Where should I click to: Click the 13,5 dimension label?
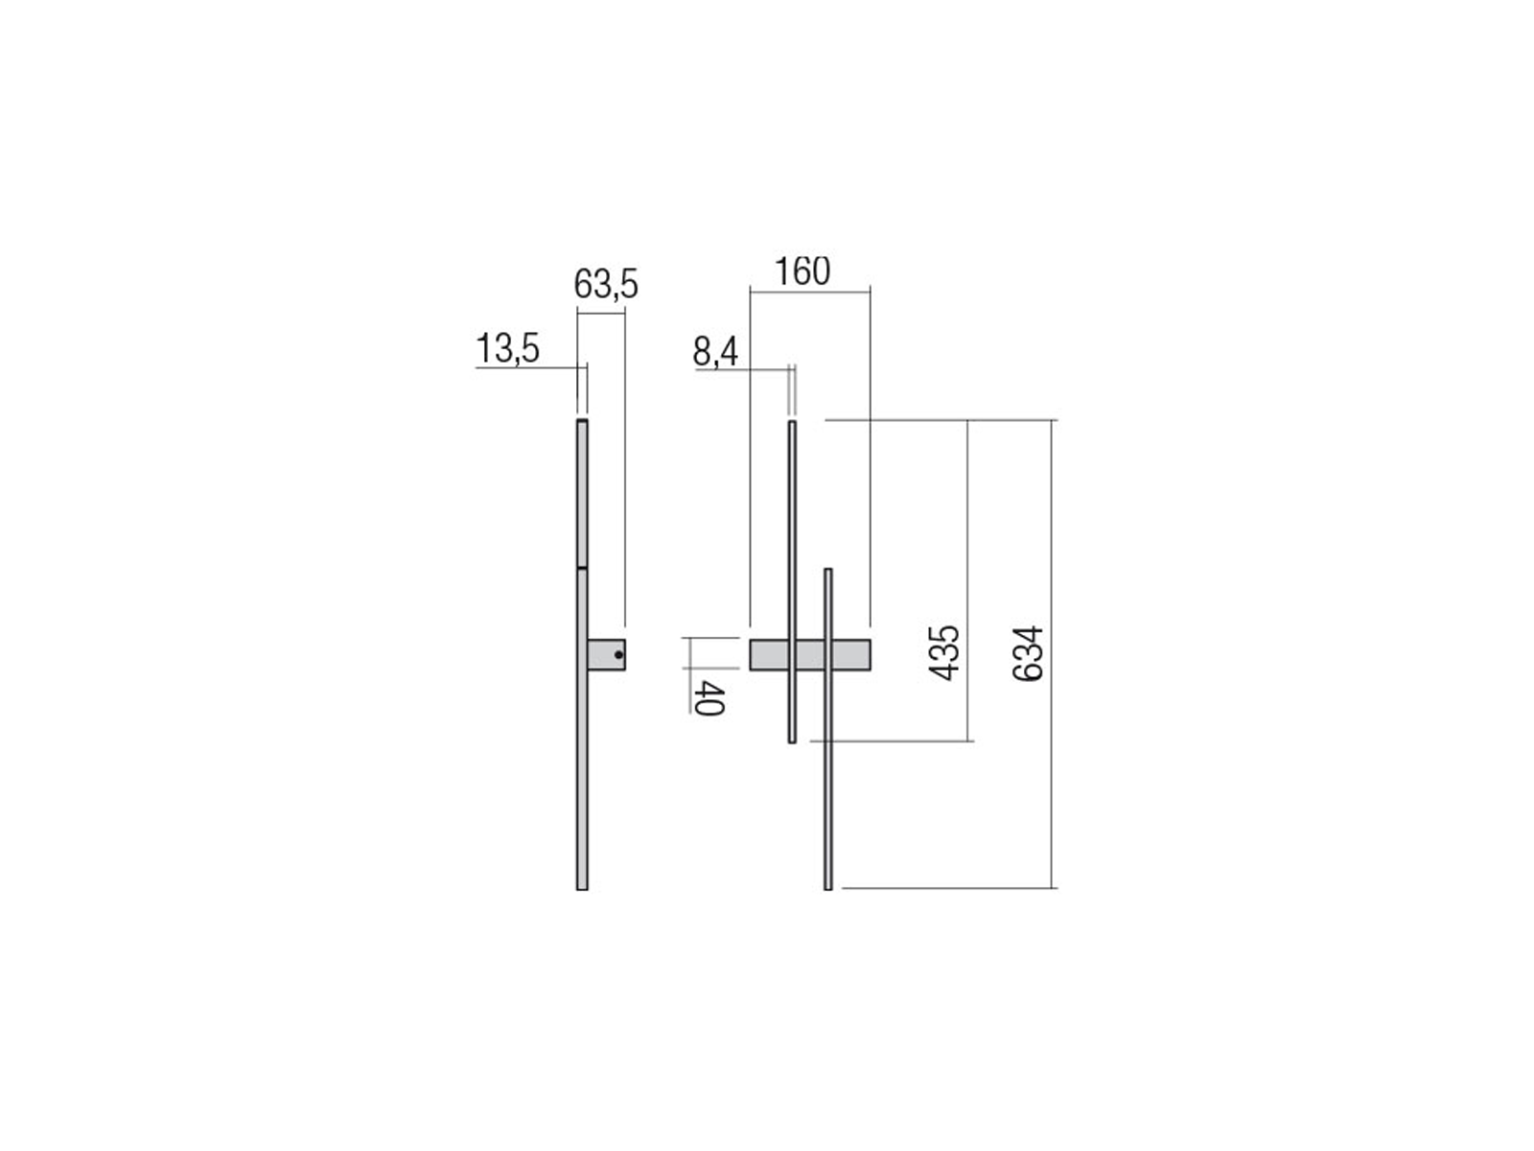coord(506,348)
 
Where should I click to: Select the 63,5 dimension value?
coord(605,285)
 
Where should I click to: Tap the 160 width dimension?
coord(802,271)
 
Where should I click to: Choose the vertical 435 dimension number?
coord(944,653)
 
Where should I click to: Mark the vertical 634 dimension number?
coord(1028,653)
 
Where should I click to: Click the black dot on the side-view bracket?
coord(617,655)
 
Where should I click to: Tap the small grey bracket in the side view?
coord(606,655)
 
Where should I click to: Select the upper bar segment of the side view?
coord(582,493)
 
